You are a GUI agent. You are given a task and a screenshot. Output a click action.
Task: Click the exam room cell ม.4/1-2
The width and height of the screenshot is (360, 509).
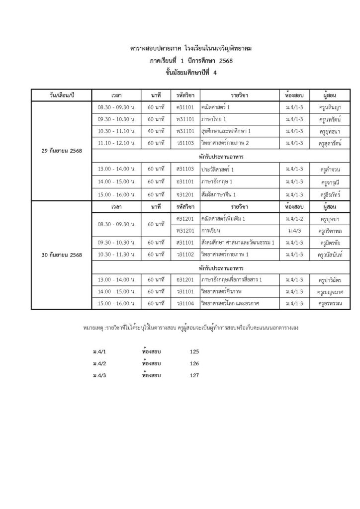[x=290, y=218]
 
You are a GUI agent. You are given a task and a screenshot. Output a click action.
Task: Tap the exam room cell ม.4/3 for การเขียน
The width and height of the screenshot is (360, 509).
[x=290, y=231]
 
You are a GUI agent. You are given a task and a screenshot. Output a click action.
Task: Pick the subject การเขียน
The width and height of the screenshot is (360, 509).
[x=211, y=231]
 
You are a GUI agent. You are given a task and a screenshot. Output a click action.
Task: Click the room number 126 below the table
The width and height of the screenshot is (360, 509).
[x=194, y=363]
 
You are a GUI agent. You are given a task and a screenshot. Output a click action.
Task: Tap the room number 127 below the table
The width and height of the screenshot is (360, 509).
[x=194, y=375]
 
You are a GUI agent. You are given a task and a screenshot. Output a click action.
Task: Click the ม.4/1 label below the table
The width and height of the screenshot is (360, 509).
[x=99, y=351]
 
